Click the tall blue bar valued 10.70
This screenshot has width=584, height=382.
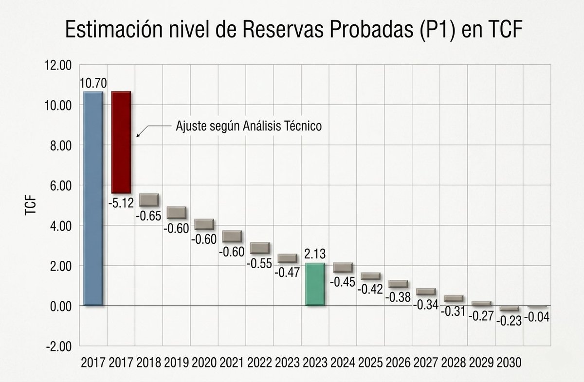tap(93, 198)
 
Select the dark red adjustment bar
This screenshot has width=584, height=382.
tap(121, 142)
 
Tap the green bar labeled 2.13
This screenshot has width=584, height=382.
tap(315, 284)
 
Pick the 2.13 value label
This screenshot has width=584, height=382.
tap(315, 255)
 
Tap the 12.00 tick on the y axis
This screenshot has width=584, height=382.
tap(58, 65)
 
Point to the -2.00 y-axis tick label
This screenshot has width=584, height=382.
tap(58, 346)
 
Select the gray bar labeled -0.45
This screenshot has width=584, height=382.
tap(343, 267)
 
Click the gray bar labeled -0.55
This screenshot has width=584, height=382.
tap(259, 247)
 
